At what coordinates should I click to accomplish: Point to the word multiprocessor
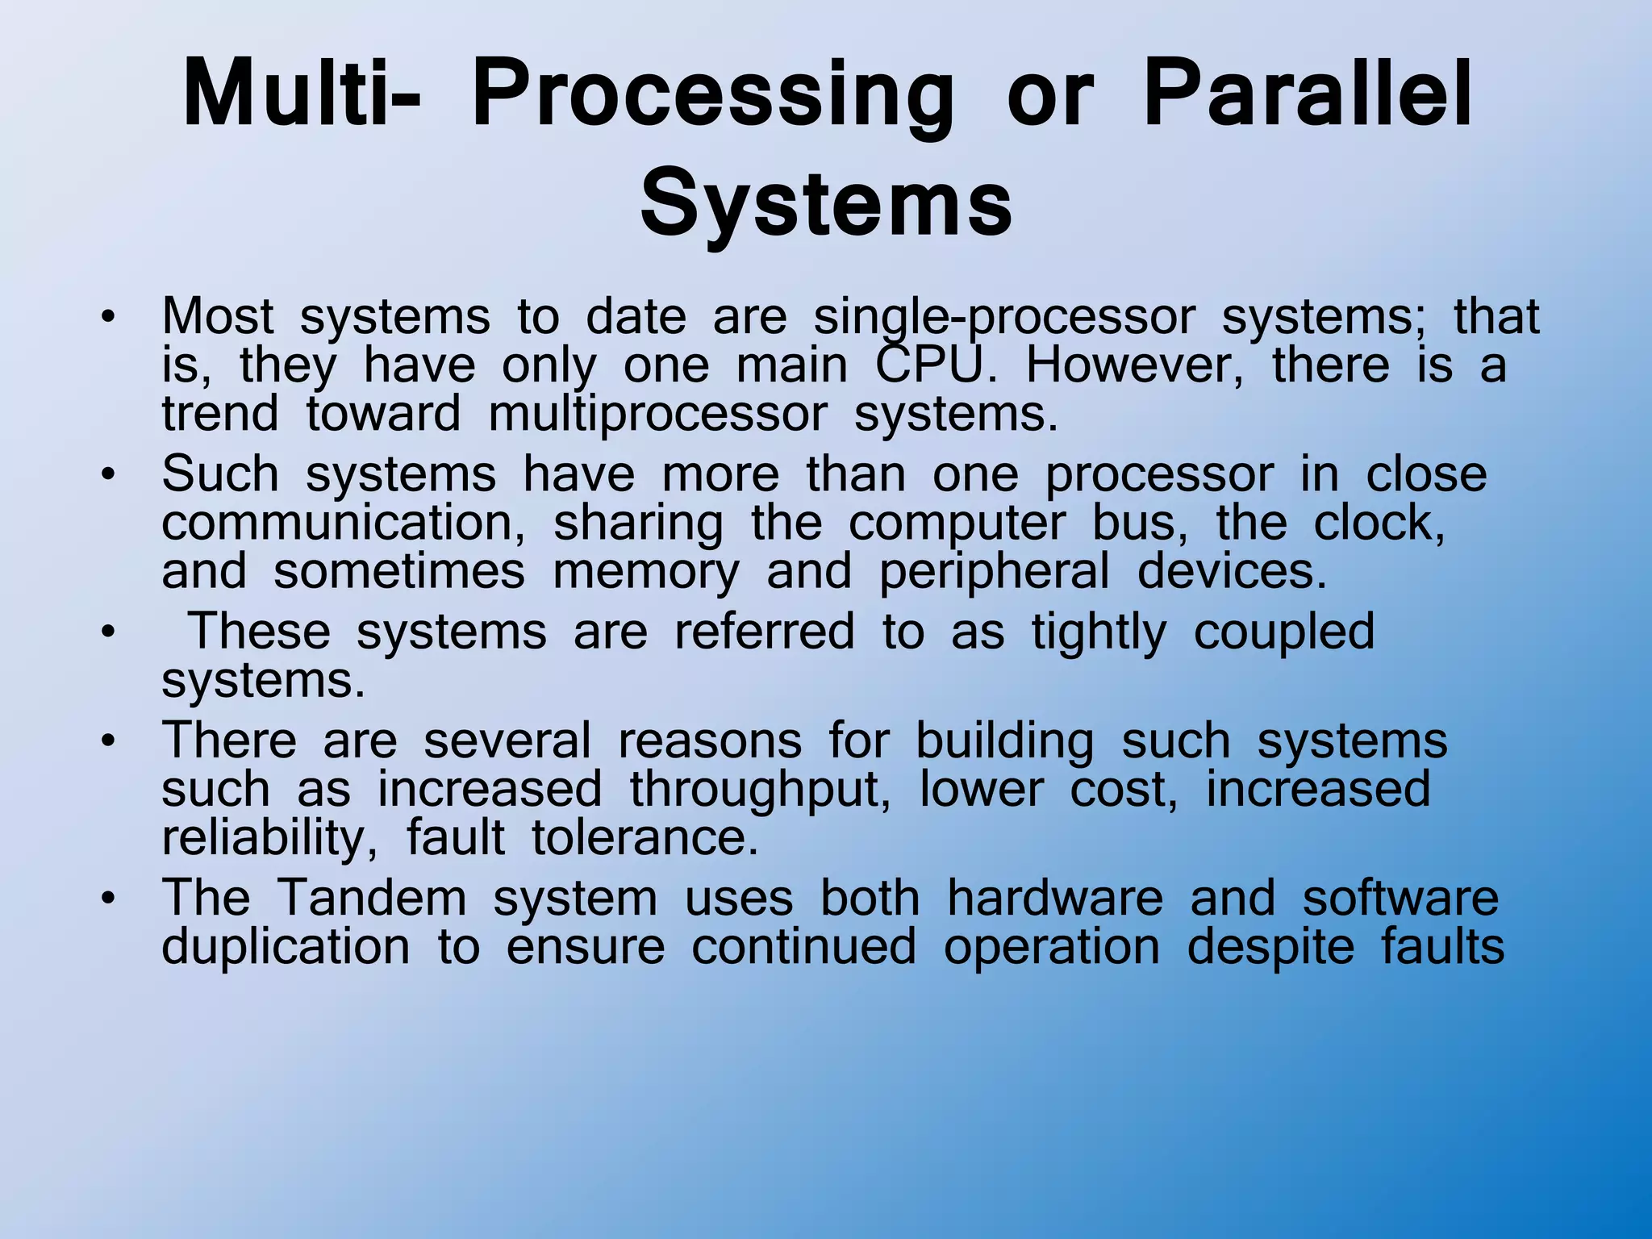(657, 415)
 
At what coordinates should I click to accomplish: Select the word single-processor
(1003, 316)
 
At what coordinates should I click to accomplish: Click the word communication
(344, 523)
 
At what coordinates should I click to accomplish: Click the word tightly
(1099, 631)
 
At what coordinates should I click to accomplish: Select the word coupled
(1283, 631)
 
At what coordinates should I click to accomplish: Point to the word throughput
(760, 789)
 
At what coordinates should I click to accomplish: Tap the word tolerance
(645, 837)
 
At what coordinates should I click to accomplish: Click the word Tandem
(372, 897)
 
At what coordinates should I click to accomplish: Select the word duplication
(286, 946)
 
